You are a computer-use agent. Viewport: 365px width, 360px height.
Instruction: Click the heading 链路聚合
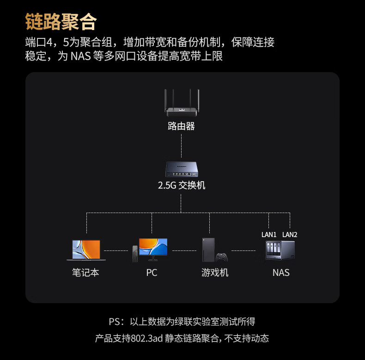[x=61, y=21]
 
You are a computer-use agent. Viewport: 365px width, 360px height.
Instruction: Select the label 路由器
[x=181, y=126]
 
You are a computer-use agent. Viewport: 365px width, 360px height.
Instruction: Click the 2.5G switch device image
[x=181, y=170]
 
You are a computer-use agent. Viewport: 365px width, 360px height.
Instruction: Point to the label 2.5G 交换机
[x=181, y=186]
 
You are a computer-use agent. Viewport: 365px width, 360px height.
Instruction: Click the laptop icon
[x=86, y=250]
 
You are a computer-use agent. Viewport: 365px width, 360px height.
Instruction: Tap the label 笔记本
[x=85, y=273]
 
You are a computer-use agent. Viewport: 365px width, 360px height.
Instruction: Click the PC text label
[x=152, y=273]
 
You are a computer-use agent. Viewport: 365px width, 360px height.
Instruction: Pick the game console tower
[x=208, y=250]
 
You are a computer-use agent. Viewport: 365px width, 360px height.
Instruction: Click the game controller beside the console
[x=223, y=257]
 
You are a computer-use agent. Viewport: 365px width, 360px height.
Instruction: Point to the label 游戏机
[x=215, y=273]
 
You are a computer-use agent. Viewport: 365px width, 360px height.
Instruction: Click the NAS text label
[x=280, y=273]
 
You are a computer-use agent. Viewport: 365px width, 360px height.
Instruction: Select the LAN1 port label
[x=269, y=235]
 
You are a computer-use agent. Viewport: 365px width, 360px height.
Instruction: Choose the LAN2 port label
[x=290, y=235]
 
